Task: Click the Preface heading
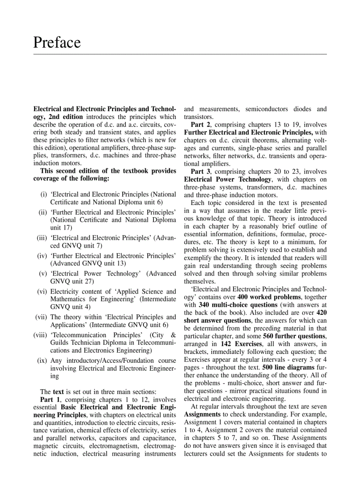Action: point(57,43)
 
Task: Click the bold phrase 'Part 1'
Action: point(50,400)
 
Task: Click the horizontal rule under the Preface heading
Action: point(180,54)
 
